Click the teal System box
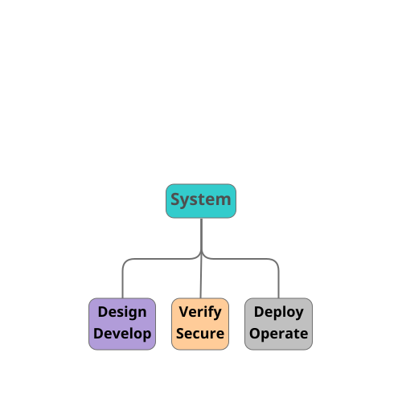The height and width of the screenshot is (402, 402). click(201, 201)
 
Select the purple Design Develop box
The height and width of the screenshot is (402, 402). click(122, 324)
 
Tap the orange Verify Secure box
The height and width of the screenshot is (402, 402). click(200, 324)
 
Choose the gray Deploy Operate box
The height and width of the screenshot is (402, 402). click(278, 324)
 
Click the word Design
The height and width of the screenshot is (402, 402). click(122, 313)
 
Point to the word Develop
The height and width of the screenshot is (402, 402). click(122, 334)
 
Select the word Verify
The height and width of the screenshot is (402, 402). click(200, 313)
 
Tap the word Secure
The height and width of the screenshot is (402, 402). click(200, 334)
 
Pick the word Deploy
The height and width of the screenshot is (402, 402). click(279, 313)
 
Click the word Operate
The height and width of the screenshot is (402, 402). click(279, 334)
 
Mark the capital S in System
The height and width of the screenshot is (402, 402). click(175, 199)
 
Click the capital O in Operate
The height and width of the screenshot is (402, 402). click(255, 334)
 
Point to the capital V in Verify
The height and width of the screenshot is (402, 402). click(184, 312)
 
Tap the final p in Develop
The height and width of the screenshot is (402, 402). click(147, 336)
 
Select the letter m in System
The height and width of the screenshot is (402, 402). click(223, 201)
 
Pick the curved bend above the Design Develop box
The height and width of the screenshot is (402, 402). click(126, 262)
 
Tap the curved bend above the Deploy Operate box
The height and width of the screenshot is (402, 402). click(275, 262)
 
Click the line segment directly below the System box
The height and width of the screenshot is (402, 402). click(201, 235)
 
